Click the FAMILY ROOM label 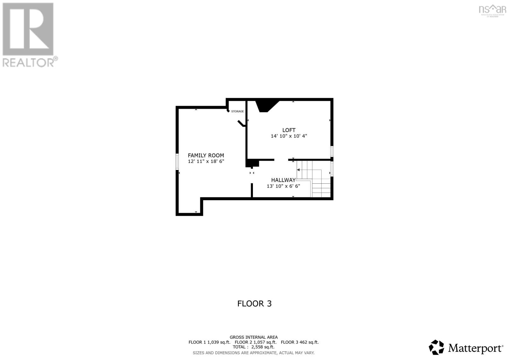pyautogui.click(x=206, y=155)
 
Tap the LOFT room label pyautogui.click(x=289, y=130)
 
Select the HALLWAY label pyautogui.click(x=283, y=180)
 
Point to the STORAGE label pyautogui.click(x=237, y=111)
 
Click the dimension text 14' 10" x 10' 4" pyautogui.click(x=289, y=136)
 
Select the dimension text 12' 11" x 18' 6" pyautogui.click(x=206, y=161)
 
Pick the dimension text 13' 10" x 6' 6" pyautogui.click(x=283, y=186)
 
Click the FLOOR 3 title pyautogui.click(x=254, y=303)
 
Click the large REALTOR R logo pyautogui.click(x=28, y=29)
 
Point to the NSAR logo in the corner pyautogui.click(x=492, y=10)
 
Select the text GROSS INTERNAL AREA pyautogui.click(x=254, y=337)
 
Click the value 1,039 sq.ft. pyautogui.click(x=219, y=342)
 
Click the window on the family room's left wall pyautogui.click(x=177, y=161)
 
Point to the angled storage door pyautogui.click(x=241, y=124)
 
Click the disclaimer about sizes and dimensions pyautogui.click(x=254, y=353)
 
